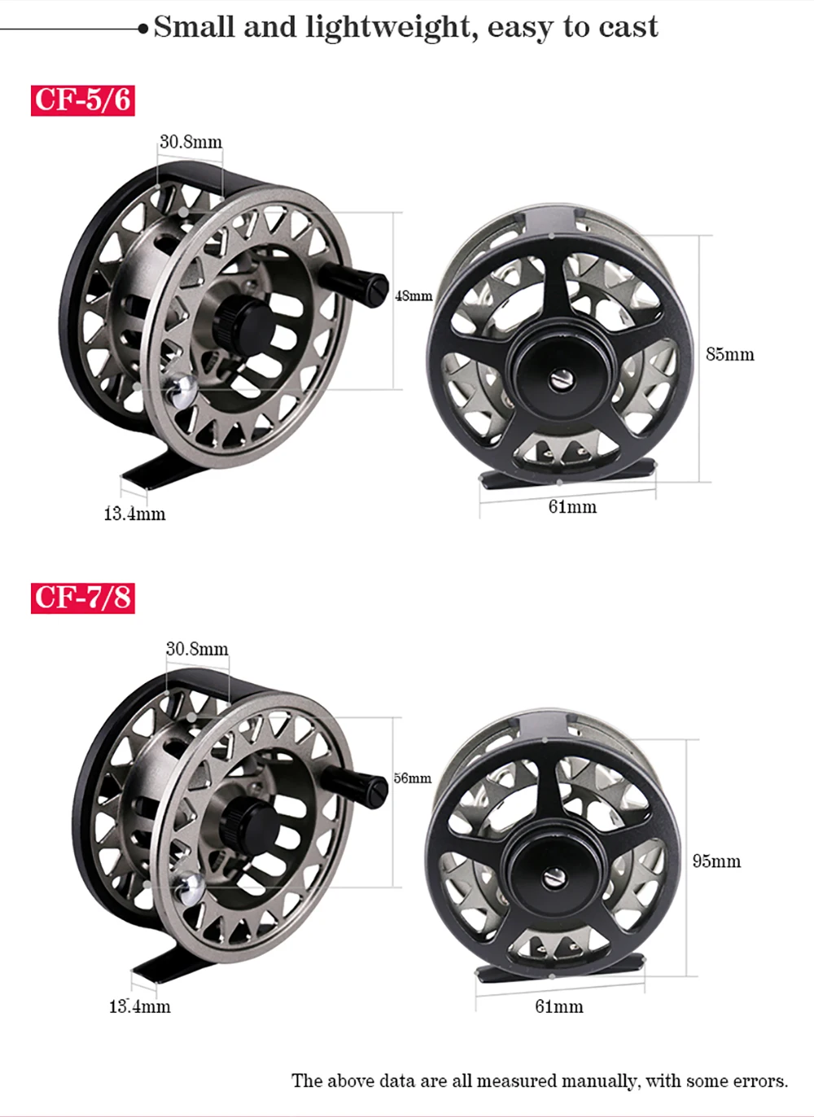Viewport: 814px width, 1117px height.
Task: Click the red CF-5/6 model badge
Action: pos(83,100)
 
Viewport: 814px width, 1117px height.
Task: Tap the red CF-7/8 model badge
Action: pos(83,598)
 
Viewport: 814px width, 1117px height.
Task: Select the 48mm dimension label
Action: pos(414,296)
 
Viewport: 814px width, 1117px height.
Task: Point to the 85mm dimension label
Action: pos(730,354)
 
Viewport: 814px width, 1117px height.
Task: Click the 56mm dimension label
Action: pos(413,778)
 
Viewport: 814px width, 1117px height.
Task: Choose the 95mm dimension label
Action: pos(716,861)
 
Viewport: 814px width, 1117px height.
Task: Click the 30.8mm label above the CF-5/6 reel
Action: pos(191,142)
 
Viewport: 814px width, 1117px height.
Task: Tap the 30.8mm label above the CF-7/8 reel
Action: pos(197,649)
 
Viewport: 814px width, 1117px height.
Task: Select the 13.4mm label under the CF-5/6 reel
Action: pos(134,514)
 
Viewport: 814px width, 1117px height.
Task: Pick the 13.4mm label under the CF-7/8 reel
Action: pos(139,1006)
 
